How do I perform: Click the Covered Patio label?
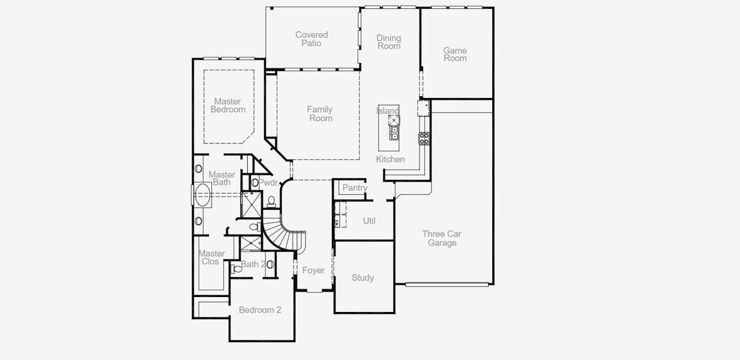pos(311,39)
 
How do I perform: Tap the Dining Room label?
pos(388,42)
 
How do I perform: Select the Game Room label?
pos(455,54)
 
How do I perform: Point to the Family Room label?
pos(320,113)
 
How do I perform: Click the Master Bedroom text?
pos(227,106)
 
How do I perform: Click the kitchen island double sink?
pos(394,133)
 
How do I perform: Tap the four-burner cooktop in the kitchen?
pos(424,139)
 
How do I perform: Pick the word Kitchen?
pos(390,159)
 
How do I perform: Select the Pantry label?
pos(355,188)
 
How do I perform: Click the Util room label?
pos(369,221)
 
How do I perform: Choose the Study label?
pos(362,278)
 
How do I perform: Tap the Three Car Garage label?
pos(442,238)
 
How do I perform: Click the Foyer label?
pos(313,271)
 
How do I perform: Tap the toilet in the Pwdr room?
pos(271,200)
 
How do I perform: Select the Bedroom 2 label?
pos(260,310)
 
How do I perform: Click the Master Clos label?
pos(211,257)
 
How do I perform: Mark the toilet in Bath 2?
pos(238,269)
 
